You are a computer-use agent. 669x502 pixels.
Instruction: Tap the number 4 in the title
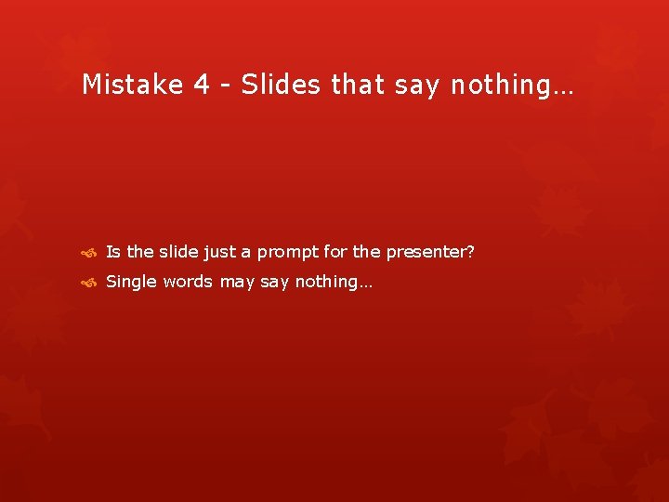click(202, 85)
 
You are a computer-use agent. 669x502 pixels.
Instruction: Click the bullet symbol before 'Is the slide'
click(89, 252)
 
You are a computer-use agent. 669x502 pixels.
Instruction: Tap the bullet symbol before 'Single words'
click(89, 282)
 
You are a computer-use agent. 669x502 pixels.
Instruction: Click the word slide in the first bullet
click(177, 252)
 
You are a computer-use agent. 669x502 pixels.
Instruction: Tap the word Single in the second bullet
click(132, 282)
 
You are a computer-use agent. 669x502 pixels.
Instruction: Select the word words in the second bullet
click(189, 282)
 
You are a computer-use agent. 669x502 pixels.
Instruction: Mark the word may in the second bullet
click(237, 283)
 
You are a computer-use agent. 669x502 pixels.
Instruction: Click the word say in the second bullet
click(275, 283)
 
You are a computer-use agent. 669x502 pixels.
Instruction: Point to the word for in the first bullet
click(335, 252)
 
